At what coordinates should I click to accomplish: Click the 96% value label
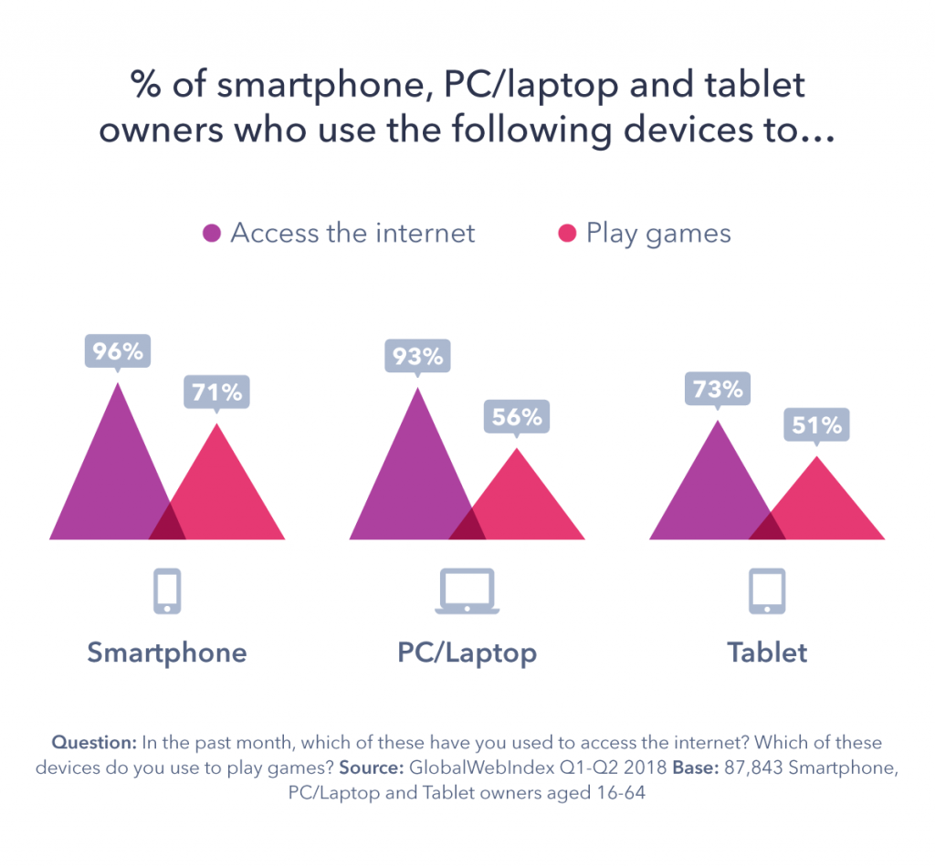click(117, 351)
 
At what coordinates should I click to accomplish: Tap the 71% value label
click(216, 392)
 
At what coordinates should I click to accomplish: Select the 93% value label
click(418, 356)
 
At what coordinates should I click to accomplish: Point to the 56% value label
click(517, 417)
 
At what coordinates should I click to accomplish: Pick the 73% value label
click(717, 390)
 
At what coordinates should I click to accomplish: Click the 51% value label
click(816, 425)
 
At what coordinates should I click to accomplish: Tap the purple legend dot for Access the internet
click(212, 234)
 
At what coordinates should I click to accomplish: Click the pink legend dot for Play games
click(567, 234)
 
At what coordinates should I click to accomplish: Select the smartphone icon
click(167, 591)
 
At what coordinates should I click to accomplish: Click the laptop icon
click(467, 591)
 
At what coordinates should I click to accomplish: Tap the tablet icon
click(767, 591)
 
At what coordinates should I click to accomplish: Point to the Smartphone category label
click(167, 653)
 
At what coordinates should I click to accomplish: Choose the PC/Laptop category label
click(467, 653)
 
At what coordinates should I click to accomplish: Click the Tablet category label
click(767, 653)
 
